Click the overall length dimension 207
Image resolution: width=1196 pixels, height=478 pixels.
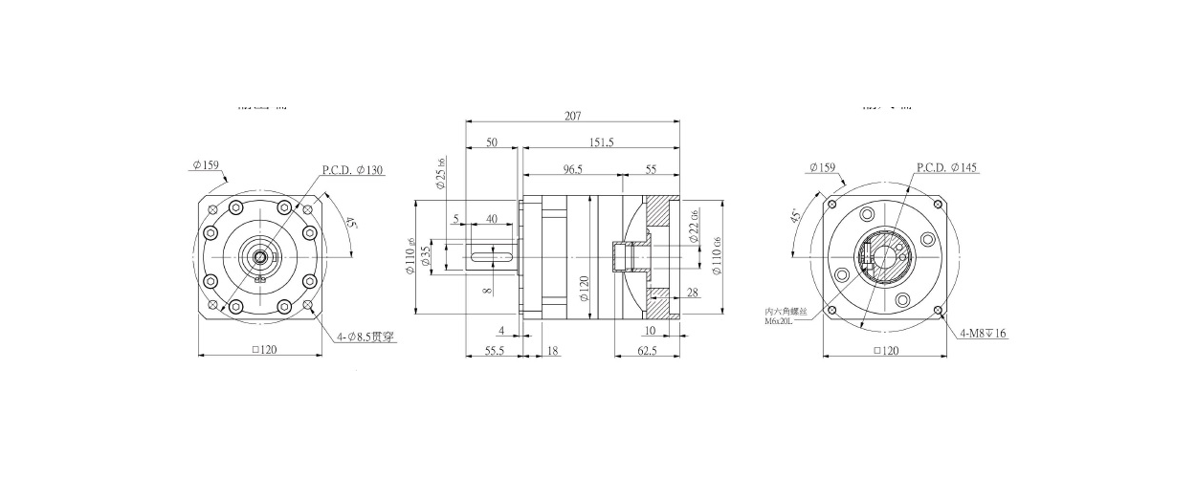tap(572, 116)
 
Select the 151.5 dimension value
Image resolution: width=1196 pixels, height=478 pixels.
tap(602, 142)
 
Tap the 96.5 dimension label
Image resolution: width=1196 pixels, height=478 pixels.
tap(572, 168)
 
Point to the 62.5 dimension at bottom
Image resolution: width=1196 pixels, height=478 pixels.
tap(646, 351)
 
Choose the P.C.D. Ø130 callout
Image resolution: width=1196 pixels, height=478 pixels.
tap(352, 170)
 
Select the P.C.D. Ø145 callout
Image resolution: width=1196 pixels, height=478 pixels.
tap(946, 168)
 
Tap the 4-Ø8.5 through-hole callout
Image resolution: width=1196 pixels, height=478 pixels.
tap(365, 337)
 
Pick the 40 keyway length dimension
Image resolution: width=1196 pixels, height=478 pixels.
tap(491, 219)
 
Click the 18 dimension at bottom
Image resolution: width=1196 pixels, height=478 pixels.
tap(554, 351)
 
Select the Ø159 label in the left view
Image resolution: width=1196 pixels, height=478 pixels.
tap(206, 165)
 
